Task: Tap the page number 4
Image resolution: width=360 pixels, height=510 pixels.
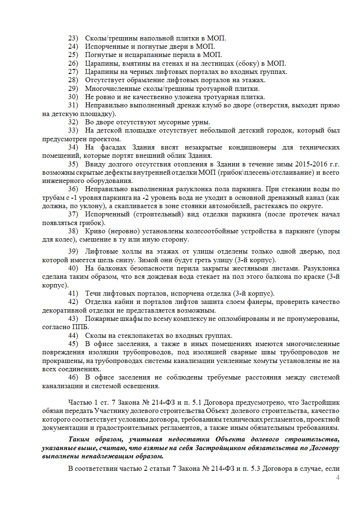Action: click(338, 478)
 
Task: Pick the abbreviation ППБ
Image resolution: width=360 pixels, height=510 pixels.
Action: click(81, 327)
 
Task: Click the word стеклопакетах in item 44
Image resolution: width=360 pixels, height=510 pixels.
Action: click(129, 335)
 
